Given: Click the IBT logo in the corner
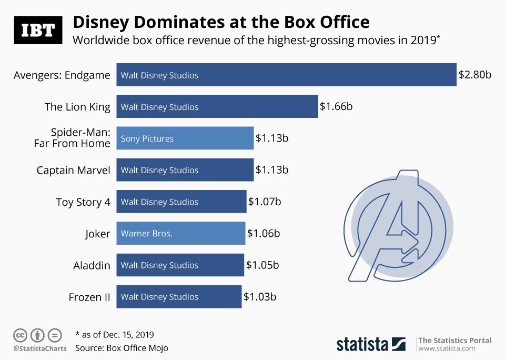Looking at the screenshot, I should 38,30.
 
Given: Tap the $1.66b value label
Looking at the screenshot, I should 336,107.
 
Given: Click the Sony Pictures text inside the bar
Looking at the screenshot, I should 147,138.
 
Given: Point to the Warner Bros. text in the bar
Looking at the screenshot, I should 146,233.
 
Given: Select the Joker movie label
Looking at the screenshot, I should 97,234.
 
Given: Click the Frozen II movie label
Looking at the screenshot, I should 89,297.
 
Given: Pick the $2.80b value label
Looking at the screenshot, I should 474,75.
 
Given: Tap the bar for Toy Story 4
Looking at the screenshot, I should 181,202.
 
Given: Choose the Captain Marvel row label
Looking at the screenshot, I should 73,170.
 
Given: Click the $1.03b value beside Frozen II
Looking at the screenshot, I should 259,297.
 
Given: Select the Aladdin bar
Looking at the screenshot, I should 180,265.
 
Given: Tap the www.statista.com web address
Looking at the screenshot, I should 447,348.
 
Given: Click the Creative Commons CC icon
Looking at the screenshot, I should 21,335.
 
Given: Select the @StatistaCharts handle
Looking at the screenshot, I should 39,348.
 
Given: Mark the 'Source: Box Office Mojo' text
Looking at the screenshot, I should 122,348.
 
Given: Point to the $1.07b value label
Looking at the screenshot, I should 264,202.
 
